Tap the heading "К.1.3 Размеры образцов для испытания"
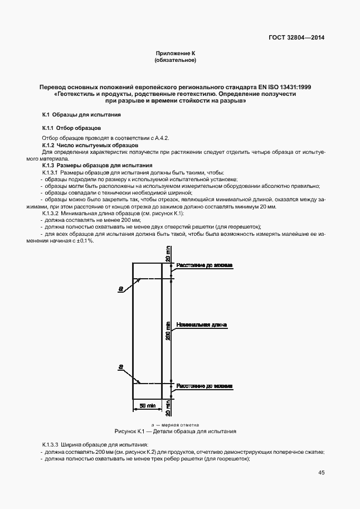click(98, 166)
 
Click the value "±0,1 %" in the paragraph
click(85, 240)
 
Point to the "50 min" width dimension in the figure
click(147, 406)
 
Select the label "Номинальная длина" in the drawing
click(201, 324)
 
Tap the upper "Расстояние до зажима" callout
click(205, 265)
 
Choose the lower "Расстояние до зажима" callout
click(205, 386)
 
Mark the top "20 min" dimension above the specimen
click(167, 256)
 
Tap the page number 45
click(321, 473)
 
